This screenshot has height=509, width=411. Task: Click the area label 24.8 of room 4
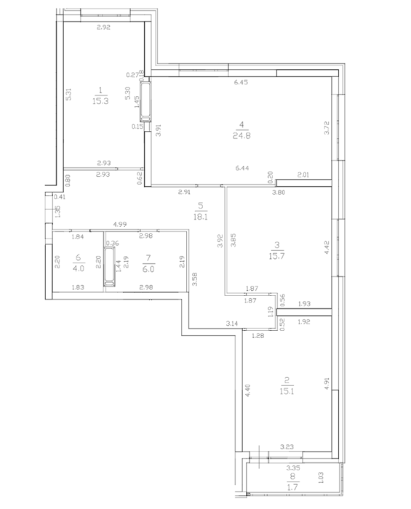(242, 136)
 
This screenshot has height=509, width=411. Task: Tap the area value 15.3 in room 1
(100, 101)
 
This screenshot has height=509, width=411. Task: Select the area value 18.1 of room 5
(201, 217)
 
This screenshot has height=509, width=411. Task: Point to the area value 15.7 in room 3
(276, 256)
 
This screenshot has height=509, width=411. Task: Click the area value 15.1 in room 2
(287, 391)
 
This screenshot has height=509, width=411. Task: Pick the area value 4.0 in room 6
(79, 268)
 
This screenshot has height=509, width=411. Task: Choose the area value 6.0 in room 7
(148, 269)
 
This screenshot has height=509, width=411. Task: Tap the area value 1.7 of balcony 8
(293, 487)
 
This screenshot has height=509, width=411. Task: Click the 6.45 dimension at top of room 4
(242, 82)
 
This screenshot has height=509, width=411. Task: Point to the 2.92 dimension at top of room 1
(103, 28)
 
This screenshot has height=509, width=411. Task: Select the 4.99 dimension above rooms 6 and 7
(120, 224)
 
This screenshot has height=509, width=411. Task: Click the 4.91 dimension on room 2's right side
(327, 383)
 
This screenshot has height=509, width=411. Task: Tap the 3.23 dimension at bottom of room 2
(287, 447)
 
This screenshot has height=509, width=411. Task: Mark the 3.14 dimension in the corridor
(232, 324)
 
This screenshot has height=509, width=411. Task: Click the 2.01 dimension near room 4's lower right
(303, 175)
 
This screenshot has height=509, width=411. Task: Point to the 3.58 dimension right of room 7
(194, 279)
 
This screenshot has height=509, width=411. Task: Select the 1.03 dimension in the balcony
(321, 478)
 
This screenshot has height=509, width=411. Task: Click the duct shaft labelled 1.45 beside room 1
(145, 102)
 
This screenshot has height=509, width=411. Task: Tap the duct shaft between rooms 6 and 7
(109, 267)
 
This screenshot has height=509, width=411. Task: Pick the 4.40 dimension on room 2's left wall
(248, 390)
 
